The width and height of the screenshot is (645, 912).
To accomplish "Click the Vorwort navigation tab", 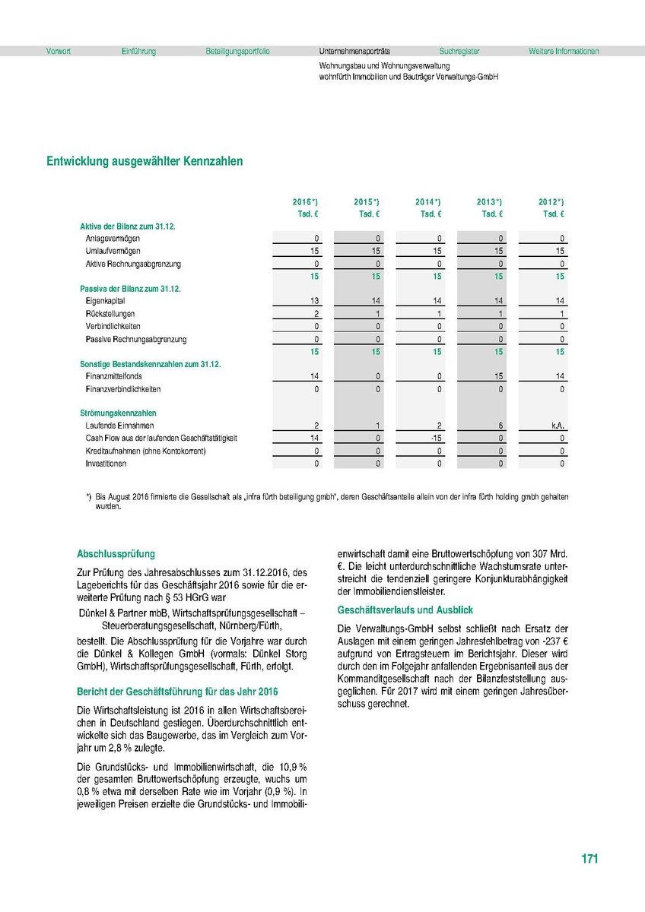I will [59, 52].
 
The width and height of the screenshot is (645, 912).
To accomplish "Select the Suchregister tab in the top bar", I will [459, 52].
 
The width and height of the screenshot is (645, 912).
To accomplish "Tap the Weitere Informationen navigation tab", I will [564, 52].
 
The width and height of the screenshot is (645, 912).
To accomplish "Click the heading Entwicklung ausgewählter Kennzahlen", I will [145, 162].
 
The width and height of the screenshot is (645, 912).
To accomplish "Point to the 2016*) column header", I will [305, 202].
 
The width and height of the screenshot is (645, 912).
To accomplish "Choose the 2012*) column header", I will [551, 202].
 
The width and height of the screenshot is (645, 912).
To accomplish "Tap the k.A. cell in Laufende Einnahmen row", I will [558, 426].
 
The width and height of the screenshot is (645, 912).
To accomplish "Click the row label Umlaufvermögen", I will [113, 251].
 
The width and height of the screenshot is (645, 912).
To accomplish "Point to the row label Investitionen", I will [106, 464].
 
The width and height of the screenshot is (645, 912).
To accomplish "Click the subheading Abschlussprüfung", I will [116, 554].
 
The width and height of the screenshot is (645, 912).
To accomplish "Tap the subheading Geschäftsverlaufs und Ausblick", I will [405, 610].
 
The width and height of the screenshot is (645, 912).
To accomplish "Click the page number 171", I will [589, 860].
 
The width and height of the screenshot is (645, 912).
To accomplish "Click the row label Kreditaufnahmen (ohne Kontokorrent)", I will [145, 451].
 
